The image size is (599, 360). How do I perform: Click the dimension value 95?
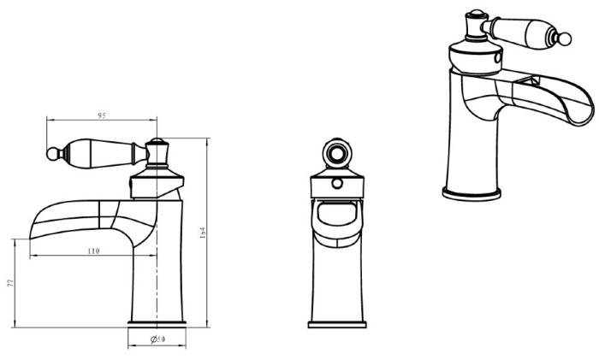coord(102,115)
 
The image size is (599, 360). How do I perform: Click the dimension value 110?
coord(93,251)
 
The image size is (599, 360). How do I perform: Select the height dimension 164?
coord(203,233)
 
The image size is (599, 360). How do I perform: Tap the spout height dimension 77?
coord(10,283)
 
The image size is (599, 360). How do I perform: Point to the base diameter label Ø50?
coord(157,339)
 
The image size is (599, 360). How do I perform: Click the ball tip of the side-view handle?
coord(51,154)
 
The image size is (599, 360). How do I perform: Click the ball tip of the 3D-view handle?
coord(566,39)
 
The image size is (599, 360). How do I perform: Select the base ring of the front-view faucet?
coord(337,325)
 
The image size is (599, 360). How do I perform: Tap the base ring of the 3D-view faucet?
coord(471,194)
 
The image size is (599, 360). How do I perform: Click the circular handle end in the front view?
coord(337,153)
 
